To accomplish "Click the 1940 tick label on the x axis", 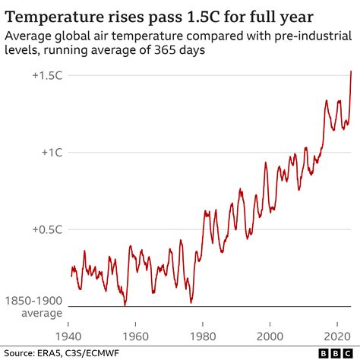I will pyautogui.click(x=68, y=335).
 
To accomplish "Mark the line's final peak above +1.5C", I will pyautogui.click(x=351, y=71).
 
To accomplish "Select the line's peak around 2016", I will pyautogui.click(x=327, y=100).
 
